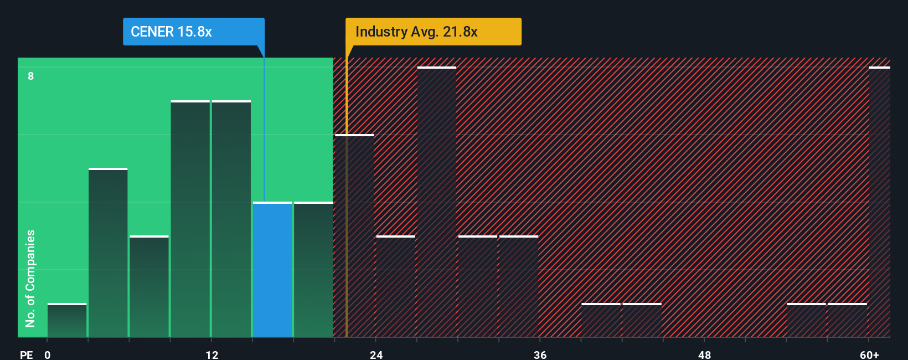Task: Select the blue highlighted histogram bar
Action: click(x=272, y=270)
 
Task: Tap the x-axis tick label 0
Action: click(x=48, y=354)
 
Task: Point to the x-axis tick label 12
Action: click(x=212, y=354)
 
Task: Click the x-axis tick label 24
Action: click(x=376, y=354)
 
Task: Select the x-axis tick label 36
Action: click(x=540, y=354)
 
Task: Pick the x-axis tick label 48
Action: click(x=704, y=354)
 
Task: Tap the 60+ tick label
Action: click(x=869, y=354)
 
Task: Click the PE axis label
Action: click(x=27, y=354)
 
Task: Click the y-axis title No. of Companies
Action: click(x=30, y=278)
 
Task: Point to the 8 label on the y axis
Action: click(x=31, y=76)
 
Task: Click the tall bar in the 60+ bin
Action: click(x=879, y=202)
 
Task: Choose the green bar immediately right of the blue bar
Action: click(x=313, y=270)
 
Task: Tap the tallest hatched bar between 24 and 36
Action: click(x=437, y=202)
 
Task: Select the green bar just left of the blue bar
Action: click(x=231, y=219)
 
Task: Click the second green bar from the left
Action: click(x=108, y=253)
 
